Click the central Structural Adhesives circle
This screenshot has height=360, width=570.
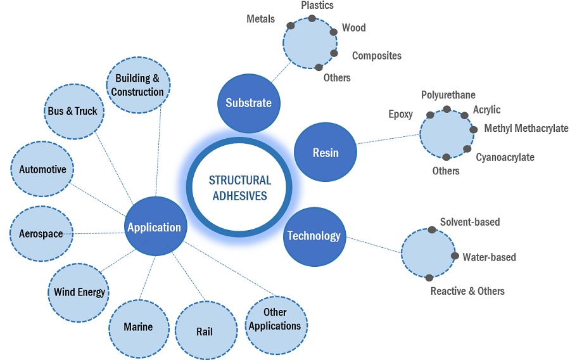(239, 188)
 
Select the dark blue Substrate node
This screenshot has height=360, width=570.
(248, 102)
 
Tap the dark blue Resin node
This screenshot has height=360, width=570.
(326, 152)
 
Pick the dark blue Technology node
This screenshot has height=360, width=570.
(313, 236)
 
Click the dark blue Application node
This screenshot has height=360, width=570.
(154, 228)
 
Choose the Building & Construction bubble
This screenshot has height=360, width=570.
(137, 85)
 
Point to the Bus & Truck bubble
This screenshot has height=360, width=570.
(72, 112)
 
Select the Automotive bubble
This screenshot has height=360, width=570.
(42, 170)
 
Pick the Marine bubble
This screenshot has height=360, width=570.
(138, 327)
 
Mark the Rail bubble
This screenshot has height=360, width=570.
(205, 331)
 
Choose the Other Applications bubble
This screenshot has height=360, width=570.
(275, 319)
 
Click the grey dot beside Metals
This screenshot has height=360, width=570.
(291, 26)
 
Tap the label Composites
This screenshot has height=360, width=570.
(376, 56)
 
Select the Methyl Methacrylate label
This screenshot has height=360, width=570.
(526, 129)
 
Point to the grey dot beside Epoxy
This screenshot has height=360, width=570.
(431, 115)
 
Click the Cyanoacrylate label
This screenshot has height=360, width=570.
(505, 157)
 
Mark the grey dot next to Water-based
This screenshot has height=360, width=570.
(455, 256)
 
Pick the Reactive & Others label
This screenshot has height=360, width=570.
(467, 291)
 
